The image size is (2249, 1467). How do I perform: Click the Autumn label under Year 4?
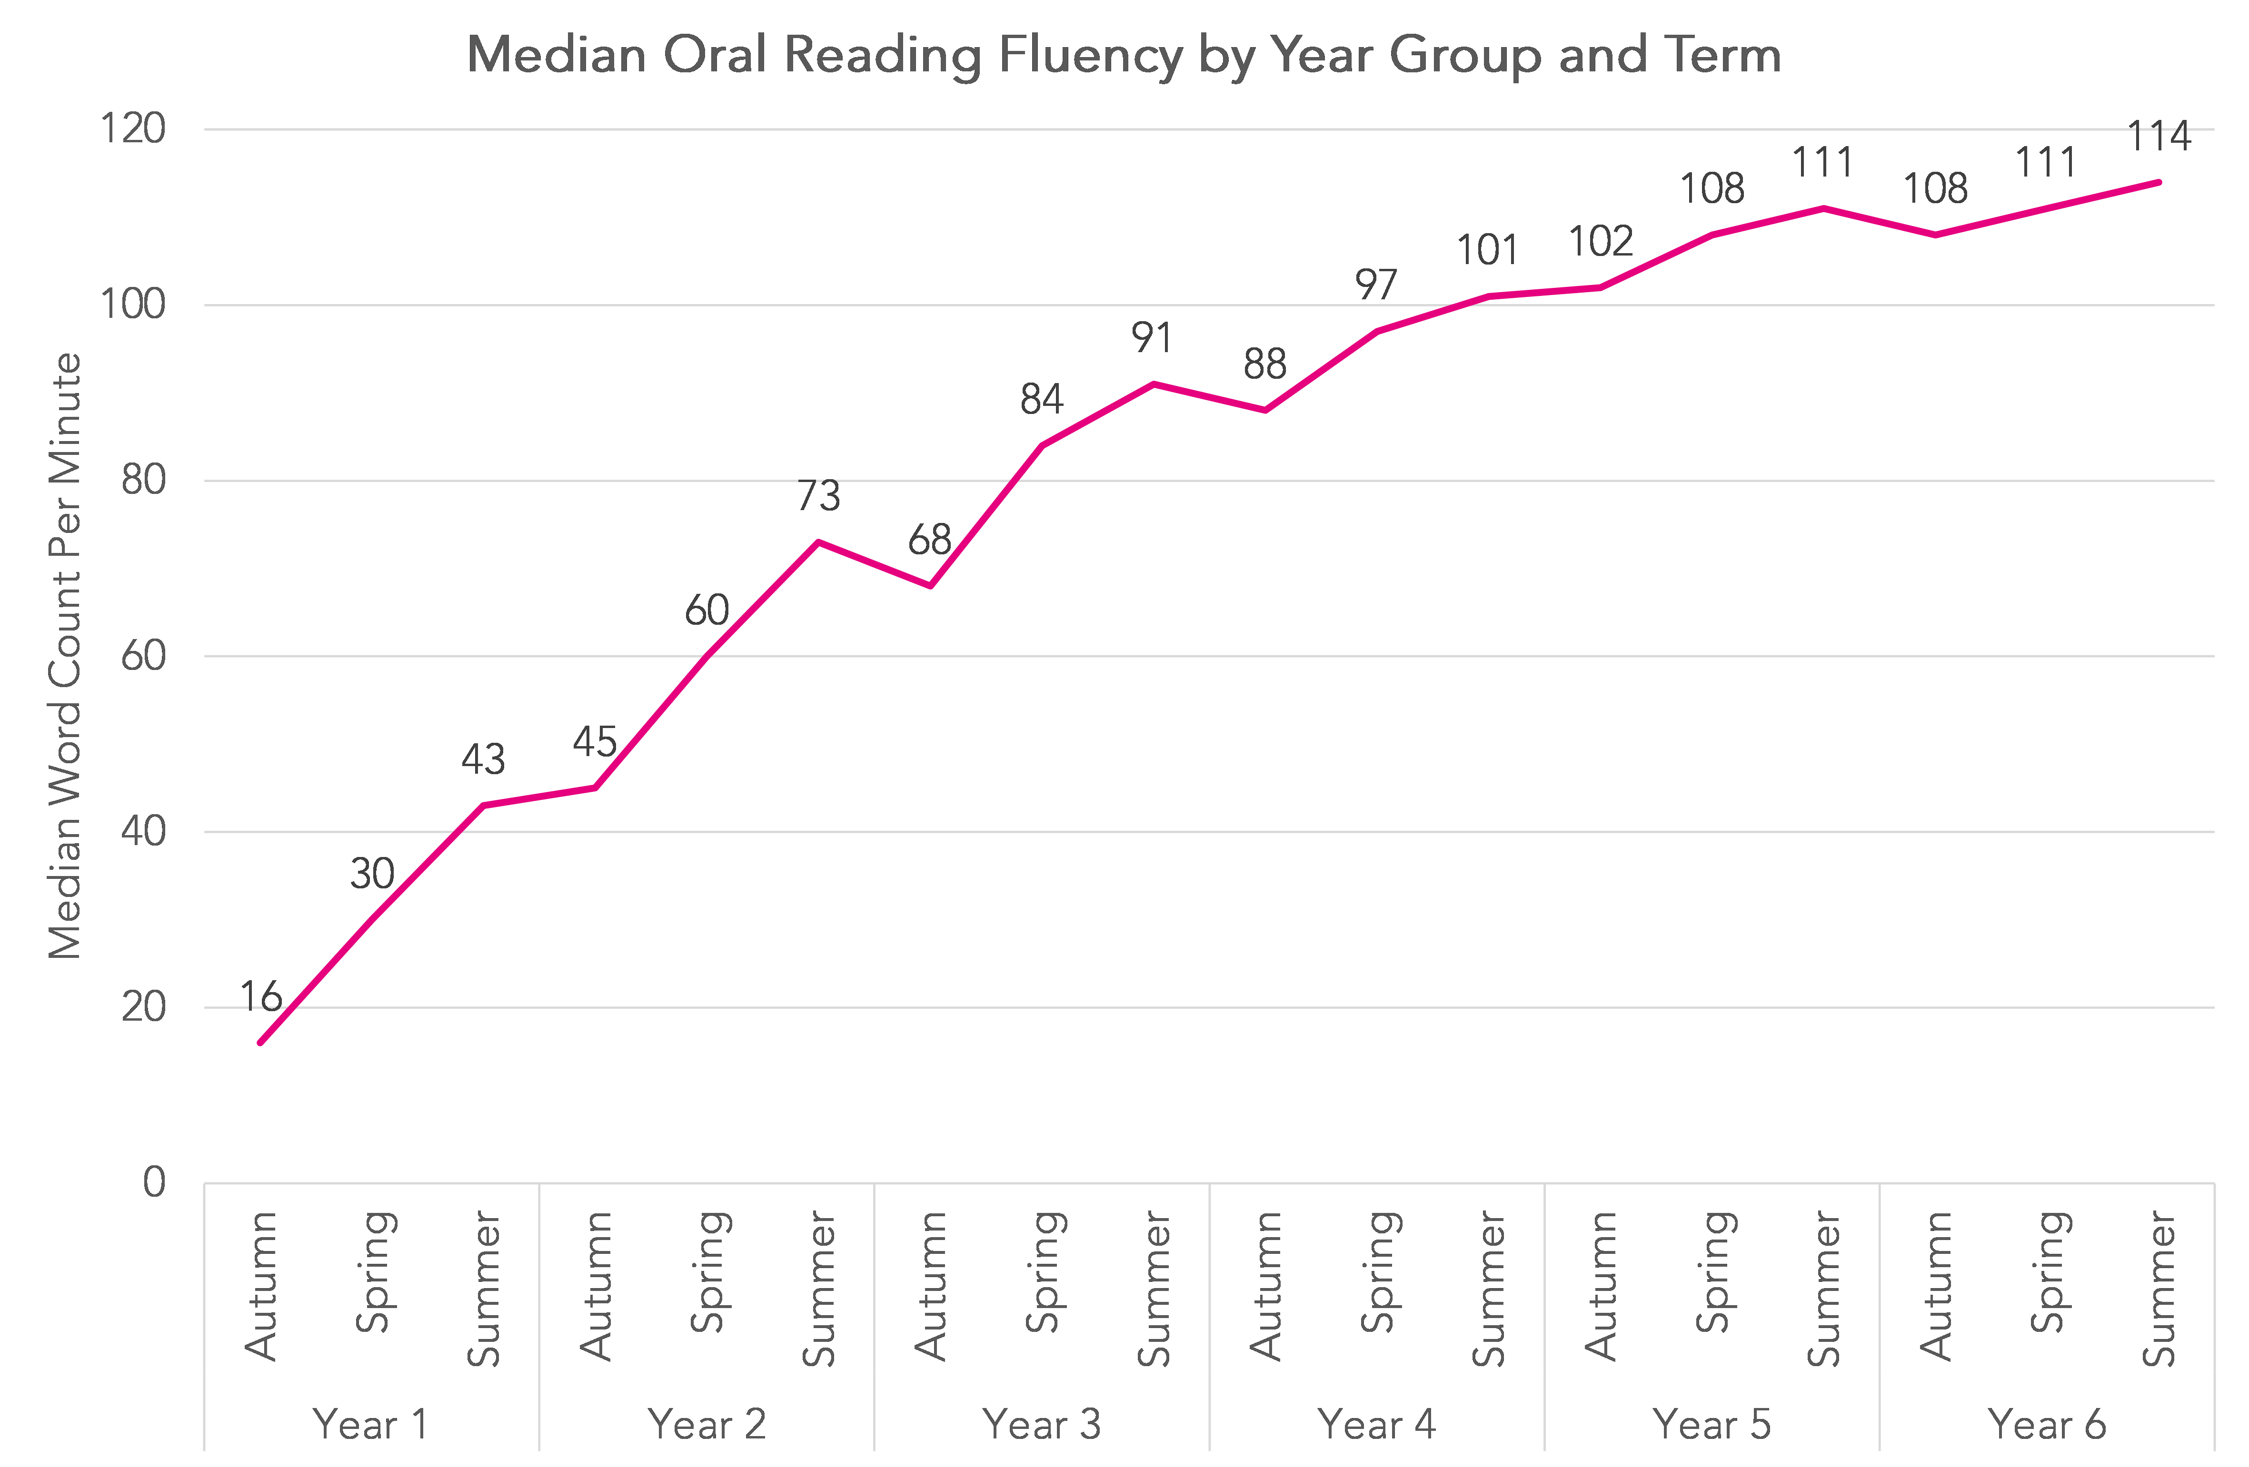(1265, 1287)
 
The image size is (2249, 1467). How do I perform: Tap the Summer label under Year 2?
(818, 1290)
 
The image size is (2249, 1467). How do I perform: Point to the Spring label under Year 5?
(1712, 1272)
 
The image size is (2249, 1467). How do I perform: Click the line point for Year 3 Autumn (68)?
(931, 586)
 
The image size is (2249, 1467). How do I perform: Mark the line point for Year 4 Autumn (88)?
(1265, 410)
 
